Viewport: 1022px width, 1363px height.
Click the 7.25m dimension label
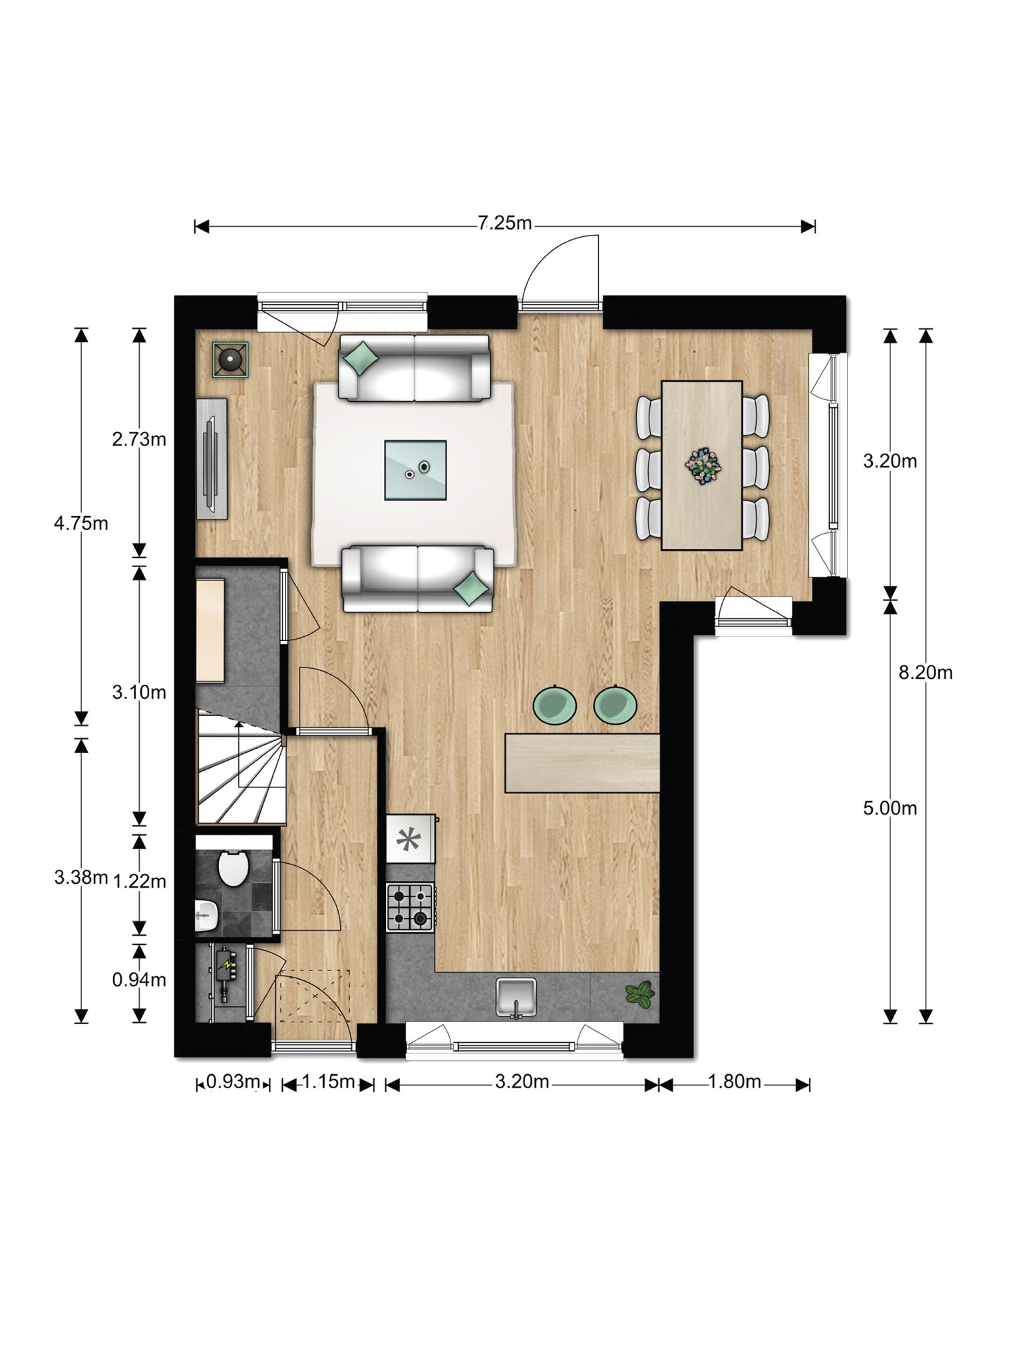click(505, 223)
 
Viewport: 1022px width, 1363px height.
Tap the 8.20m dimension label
click(926, 673)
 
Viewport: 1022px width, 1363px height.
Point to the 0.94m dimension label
click(139, 980)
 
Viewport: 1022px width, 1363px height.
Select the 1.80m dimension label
click(734, 1081)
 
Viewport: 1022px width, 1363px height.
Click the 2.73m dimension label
click(139, 439)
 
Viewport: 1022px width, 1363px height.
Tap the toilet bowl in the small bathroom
click(233, 868)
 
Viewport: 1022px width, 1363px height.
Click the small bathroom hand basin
click(208, 916)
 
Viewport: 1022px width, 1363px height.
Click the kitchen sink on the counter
click(516, 998)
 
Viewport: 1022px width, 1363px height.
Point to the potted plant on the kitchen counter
click(640, 995)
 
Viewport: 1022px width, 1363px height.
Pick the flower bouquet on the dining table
click(703, 465)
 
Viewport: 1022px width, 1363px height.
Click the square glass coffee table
click(416, 470)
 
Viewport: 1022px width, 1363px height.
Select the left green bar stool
click(555, 704)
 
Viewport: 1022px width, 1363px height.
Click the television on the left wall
click(212, 459)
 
